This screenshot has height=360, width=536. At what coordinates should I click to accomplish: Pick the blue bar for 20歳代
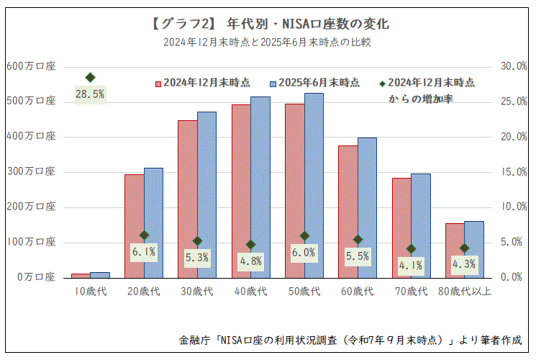[x=153, y=222]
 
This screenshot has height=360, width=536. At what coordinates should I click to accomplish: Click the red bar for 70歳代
[x=401, y=228]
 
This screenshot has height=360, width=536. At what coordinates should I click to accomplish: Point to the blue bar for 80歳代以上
[x=474, y=249]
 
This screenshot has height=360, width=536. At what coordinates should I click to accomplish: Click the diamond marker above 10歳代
[x=91, y=77]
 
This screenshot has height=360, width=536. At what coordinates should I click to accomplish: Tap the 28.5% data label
[x=91, y=94]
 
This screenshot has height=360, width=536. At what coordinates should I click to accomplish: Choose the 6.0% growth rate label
[x=304, y=253]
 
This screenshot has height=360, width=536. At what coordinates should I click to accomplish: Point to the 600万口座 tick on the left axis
[x=30, y=66]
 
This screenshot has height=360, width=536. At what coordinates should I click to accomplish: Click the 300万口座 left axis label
[x=30, y=171]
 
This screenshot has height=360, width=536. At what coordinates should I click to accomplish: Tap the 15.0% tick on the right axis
[x=514, y=171]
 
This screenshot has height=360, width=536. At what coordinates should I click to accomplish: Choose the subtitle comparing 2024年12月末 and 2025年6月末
[x=267, y=42]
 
